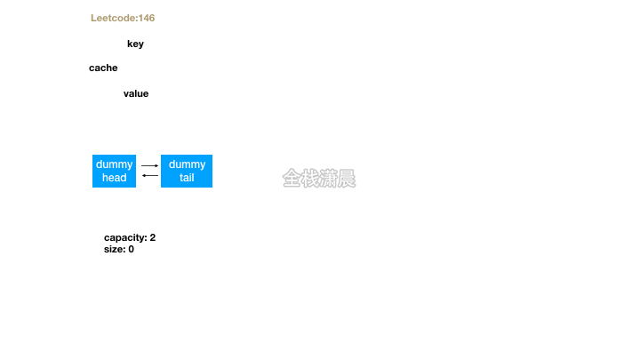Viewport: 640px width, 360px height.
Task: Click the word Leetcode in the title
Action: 113,18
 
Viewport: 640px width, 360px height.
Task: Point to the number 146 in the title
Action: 148,18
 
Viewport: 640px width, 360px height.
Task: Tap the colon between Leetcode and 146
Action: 137,18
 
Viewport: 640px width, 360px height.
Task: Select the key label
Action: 135,44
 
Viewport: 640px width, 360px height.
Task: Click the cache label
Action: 103,68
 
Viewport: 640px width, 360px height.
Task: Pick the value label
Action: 136,93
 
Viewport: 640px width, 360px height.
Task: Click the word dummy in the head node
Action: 114,164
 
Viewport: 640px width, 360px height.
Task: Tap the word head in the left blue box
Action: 114,178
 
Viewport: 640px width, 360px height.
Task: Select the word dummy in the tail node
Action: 187,164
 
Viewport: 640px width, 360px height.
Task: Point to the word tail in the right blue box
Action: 187,178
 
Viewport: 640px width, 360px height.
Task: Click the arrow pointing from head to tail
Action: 149,165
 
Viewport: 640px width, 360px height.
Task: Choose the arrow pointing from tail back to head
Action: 149,175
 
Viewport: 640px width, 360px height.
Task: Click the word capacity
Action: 124,237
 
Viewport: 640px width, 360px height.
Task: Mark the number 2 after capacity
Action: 153,237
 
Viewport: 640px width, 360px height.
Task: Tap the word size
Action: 114,249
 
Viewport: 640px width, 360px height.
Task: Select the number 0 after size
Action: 131,249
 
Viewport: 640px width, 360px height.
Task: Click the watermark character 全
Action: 292,179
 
